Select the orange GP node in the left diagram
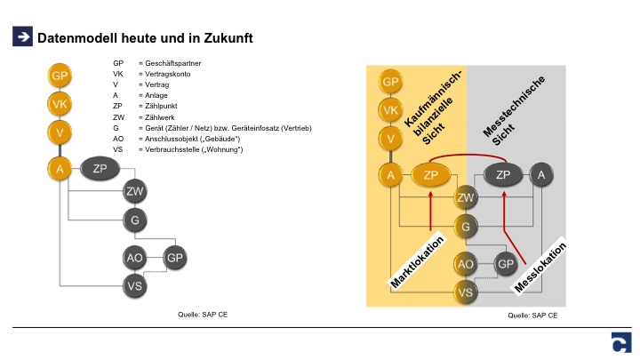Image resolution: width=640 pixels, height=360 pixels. click(60, 76)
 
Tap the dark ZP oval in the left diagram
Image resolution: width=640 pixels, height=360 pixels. click(100, 168)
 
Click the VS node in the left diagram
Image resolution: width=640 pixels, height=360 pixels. click(134, 285)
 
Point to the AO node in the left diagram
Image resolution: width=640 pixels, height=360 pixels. click(134, 258)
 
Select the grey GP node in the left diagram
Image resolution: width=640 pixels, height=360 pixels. click(174, 258)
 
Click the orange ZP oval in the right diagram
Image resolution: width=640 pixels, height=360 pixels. click(432, 175)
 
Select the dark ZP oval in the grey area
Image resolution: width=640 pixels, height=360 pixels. click(503, 175)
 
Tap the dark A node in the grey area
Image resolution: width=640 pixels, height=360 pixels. click(540, 175)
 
